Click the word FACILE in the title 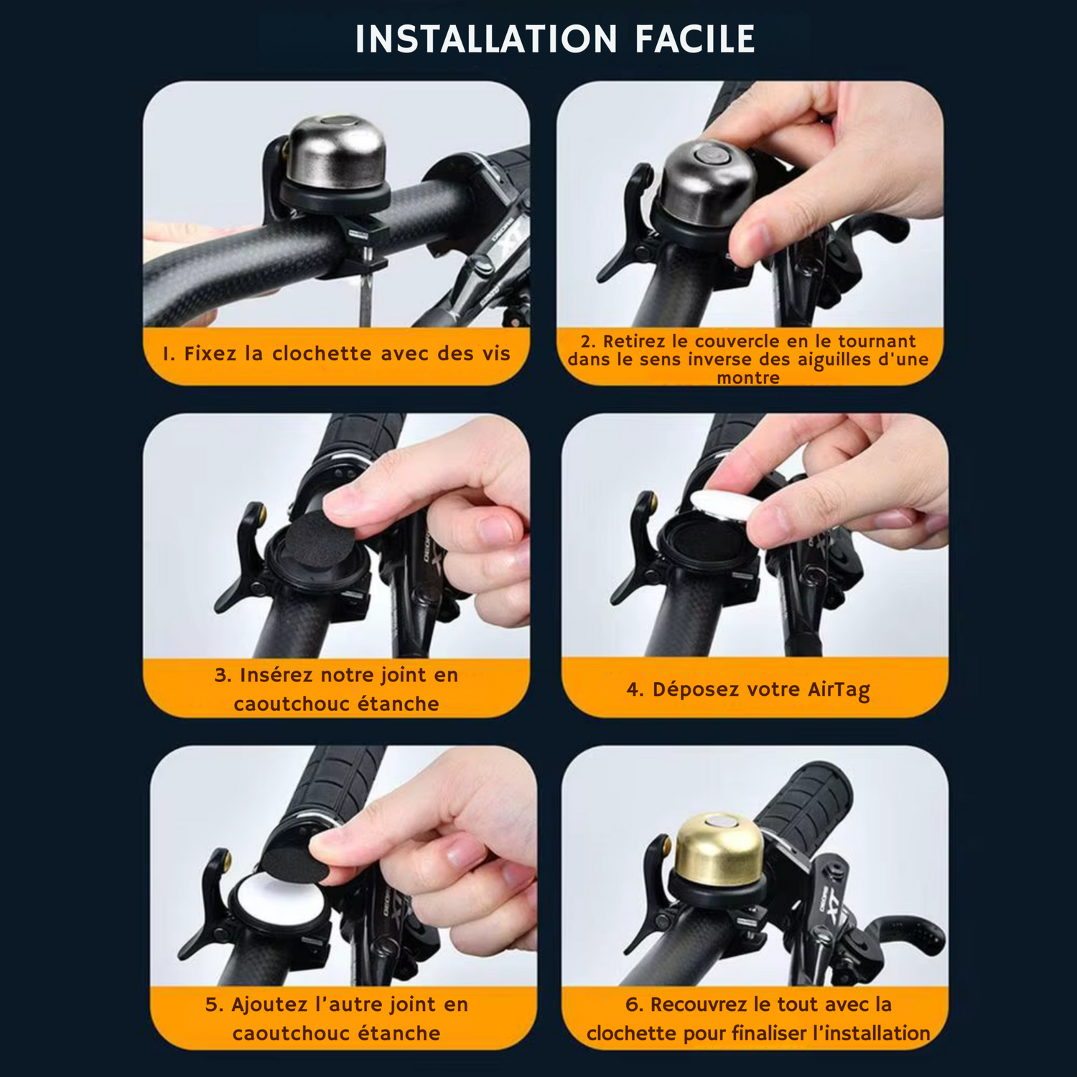click(694, 39)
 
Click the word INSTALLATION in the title click(486, 39)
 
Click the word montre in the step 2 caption click(748, 378)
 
